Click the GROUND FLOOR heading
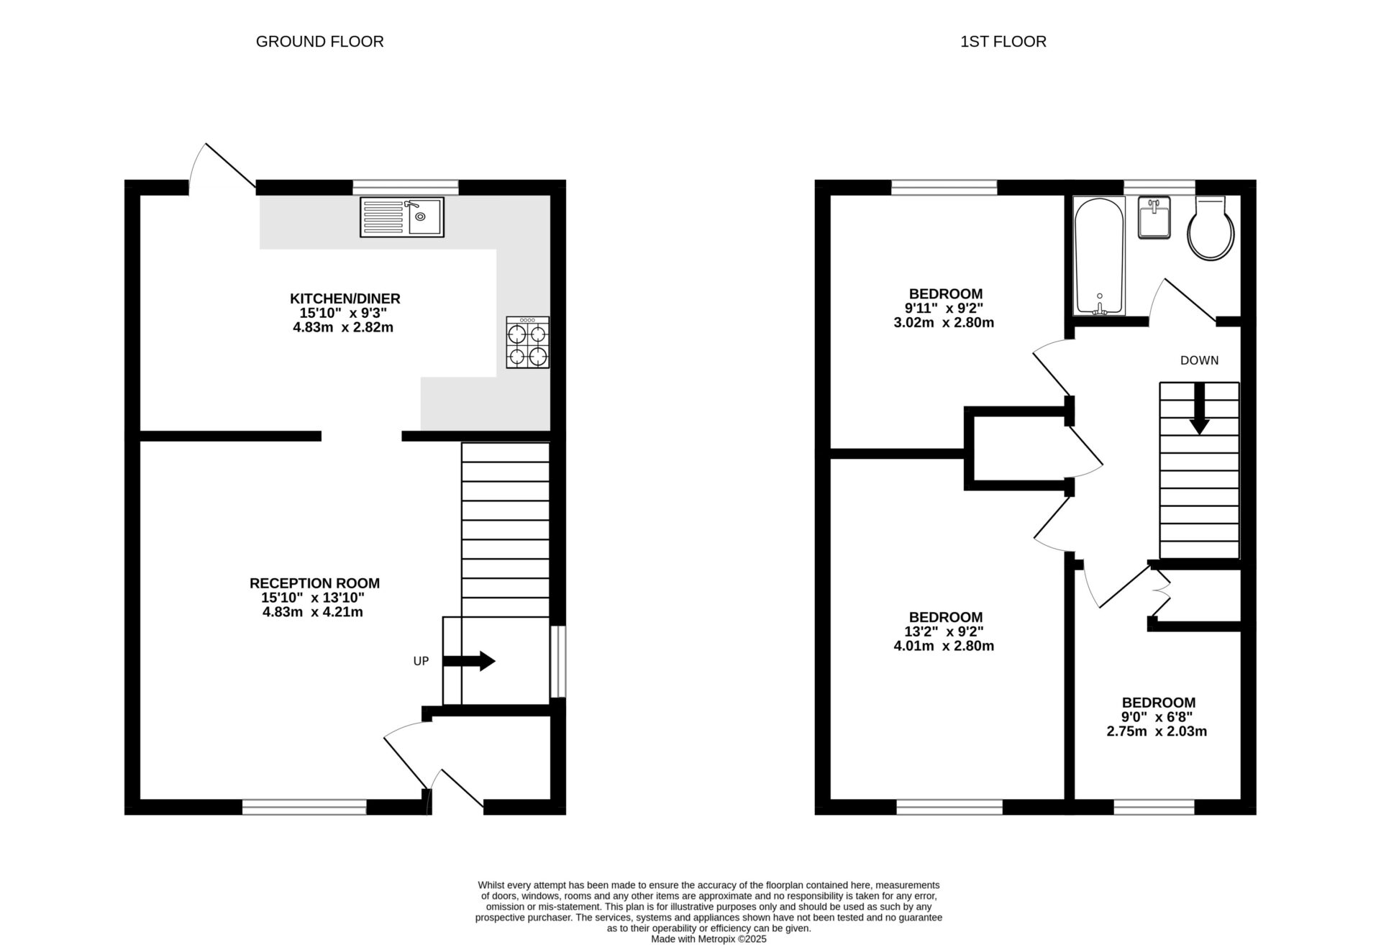click(x=319, y=42)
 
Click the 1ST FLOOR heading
click(x=1003, y=42)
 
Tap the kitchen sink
click(x=402, y=216)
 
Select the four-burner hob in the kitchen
click(x=527, y=343)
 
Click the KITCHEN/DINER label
click(x=345, y=298)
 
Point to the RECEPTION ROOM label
click(x=314, y=583)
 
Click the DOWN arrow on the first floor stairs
click(x=1199, y=408)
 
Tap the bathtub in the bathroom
click(x=1098, y=257)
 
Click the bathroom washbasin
click(x=1154, y=216)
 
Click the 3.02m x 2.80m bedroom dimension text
click(x=944, y=323)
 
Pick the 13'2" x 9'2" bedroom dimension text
click(x=944, y=631)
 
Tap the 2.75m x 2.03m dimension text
click(x=1157, y=731)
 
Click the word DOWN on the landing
click(x=1199, y=360)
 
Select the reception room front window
click(x=304, y=808)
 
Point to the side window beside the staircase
click(x=557, y=662)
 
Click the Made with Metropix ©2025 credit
click(x=708, y=939)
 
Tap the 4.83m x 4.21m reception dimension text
click(x=313, y=613)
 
